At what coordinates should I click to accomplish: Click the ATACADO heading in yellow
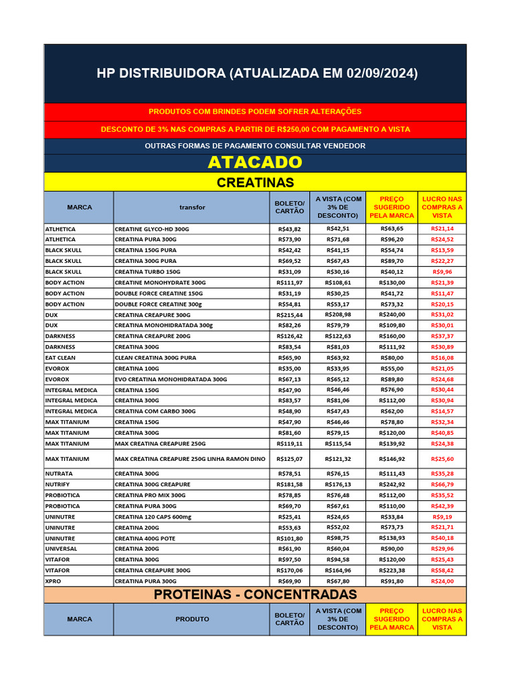[x=255, y=163]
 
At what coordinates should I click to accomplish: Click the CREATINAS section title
[x=255, y=183]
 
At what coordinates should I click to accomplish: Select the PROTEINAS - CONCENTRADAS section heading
[x=255, y=595]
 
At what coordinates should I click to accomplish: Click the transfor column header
[x=192, y=207]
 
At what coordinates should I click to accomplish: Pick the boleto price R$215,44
[x=290, y=315]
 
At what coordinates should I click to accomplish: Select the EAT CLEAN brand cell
[x=60, y=358]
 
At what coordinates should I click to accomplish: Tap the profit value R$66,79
[x=442, y=484]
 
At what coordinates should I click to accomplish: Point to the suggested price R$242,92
[x=392, y=484]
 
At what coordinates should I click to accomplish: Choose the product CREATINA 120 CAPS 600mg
[x=153, y=517]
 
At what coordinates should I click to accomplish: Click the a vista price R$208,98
[x=338, y=315]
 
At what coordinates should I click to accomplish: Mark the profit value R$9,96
[x=442, y=272]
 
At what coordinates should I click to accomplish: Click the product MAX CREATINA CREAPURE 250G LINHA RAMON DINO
[x=190, y=459]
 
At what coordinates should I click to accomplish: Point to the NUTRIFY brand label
[x=57, y=484]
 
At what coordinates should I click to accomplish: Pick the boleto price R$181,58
[x=290, y=484]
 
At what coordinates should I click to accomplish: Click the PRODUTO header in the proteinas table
[x=193, y=619]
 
